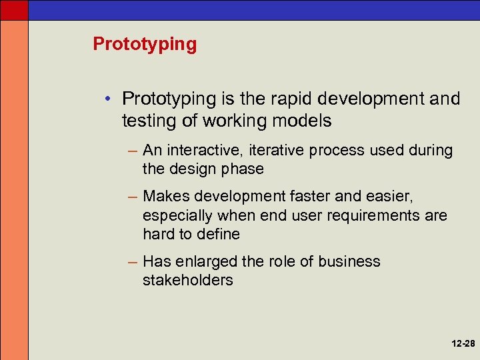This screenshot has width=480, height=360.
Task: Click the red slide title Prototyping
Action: [145, 45]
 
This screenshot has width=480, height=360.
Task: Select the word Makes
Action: [166, 197]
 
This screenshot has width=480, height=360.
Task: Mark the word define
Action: [218, 234]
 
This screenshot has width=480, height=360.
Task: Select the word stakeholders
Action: [187, 280]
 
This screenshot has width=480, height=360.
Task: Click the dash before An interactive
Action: [133, 151]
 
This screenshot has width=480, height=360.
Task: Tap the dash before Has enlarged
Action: [133, 262]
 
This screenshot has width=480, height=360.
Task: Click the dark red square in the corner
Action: [14, 9]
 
